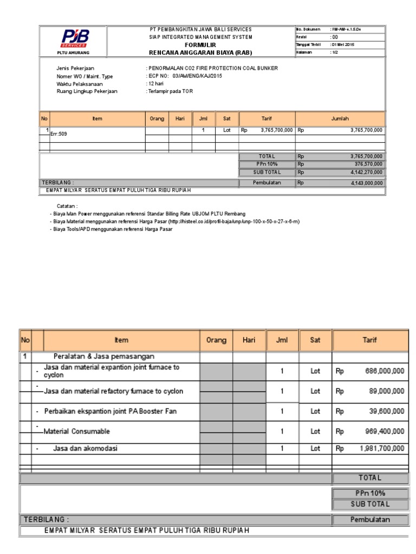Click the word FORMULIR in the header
200,45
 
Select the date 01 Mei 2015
343,45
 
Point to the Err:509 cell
59,133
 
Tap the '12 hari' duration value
156,84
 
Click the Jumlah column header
340,118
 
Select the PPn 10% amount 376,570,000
366,164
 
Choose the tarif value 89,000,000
387,391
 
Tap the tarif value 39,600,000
387,411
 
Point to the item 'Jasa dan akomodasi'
85,449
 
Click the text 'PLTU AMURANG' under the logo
74,53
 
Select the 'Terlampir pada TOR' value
170,91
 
